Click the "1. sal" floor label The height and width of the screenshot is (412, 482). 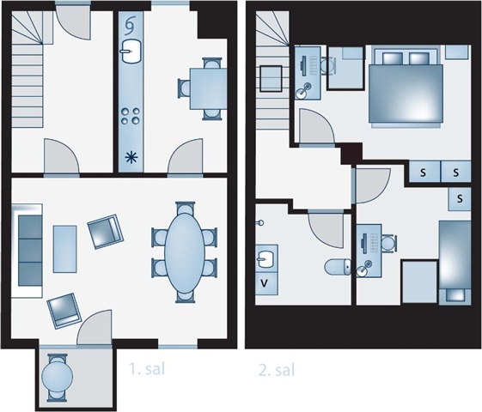[x=147, y=369]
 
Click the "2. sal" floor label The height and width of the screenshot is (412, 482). [x=277, y=370]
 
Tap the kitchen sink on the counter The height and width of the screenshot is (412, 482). [x=131, y=51]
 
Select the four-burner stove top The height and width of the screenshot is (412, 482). [x=131, y=116]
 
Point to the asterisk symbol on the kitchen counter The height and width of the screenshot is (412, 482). [x=131, y=158]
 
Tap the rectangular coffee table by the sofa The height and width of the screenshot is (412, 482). [x=64, y=249]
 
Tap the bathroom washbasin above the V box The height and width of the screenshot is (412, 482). [x=266, y=259]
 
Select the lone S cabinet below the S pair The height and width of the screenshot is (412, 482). [x=460, y=199]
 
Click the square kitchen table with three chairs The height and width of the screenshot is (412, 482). [x=209, y=88]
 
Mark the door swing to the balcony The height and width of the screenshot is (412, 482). [x=94, y=327]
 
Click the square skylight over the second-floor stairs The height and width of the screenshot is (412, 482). [x=271, y=79]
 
